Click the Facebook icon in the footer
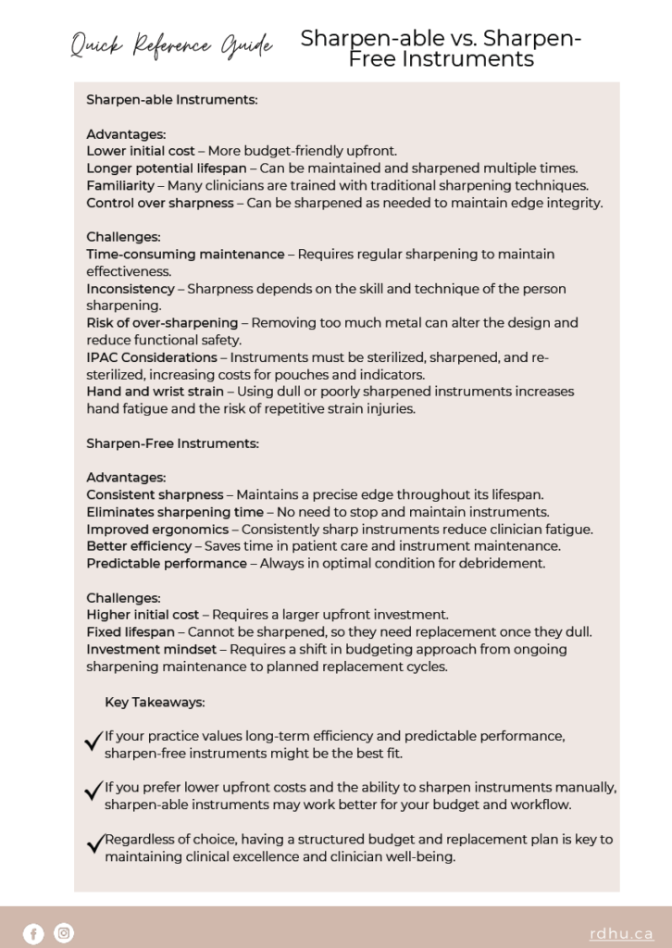click(33, 934)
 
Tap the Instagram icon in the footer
click(63, 933)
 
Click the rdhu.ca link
click(621, 934)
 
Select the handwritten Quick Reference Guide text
click(172, 44)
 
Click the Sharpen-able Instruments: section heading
click(171, 98)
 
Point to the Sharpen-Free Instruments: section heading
click(172, 443)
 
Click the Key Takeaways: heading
click(155, 702)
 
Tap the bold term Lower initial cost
click(141, 150)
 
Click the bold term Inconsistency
click(131, 288)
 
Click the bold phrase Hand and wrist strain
click(155, 392)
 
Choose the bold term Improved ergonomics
click(157, 530)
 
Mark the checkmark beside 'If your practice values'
click(93, 741)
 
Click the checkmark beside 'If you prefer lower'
click(93, 792)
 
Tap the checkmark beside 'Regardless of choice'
click(93, 843)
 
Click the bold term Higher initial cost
click(143, 615)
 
